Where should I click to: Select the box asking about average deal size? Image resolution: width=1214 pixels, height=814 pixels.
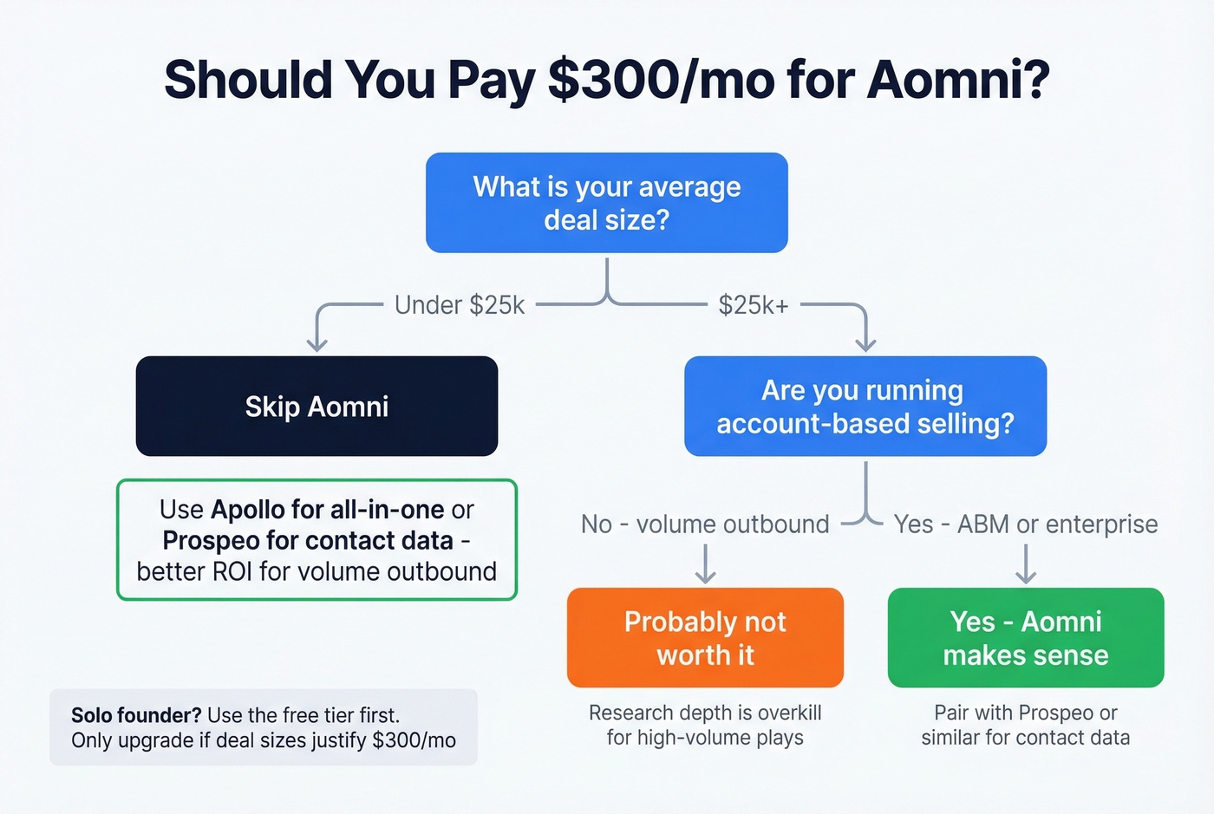pos(606,203)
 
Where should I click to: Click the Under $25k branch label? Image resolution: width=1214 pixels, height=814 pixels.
pos(460,305)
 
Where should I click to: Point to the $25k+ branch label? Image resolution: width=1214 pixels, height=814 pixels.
pos(754,305)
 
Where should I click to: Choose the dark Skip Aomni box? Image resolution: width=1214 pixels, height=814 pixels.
pos(317,406)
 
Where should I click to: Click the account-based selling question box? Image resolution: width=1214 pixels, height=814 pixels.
pos(865,406)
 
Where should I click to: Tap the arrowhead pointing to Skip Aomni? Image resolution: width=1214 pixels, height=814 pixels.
pos(317,344)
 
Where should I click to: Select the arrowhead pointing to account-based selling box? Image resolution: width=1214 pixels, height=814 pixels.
pos(865,344)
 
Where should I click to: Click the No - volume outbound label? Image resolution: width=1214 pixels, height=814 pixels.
pos(705,524)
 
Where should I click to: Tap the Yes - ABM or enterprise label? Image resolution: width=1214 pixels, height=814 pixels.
pos(1026,524)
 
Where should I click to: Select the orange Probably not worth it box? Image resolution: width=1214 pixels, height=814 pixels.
pos(705,638)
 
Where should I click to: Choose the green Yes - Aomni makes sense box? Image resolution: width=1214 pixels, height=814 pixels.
pos(1026,638)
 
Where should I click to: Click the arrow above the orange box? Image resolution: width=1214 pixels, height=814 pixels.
pos(706,565)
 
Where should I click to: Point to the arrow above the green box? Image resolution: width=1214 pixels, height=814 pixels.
pos(1026,565)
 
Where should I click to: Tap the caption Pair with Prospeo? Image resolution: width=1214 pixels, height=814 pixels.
pos(1026,713)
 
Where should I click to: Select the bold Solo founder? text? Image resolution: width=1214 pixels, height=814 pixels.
pos(136,715)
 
